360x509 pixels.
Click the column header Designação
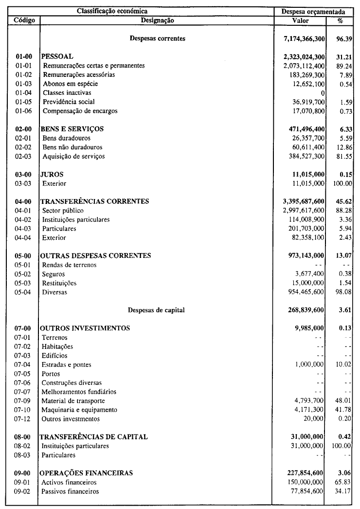click(157, 20)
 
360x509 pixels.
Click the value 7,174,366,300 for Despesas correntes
click(304, 38)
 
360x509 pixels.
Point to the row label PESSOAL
click(57, 56)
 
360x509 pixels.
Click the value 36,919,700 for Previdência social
click(308, 102)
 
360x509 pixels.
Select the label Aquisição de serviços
click(74, 156)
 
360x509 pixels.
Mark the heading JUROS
click(53, 174)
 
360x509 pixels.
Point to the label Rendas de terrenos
click(69, 265)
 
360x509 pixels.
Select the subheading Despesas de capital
click(156, 310)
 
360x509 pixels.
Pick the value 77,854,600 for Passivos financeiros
click(308, 491)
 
